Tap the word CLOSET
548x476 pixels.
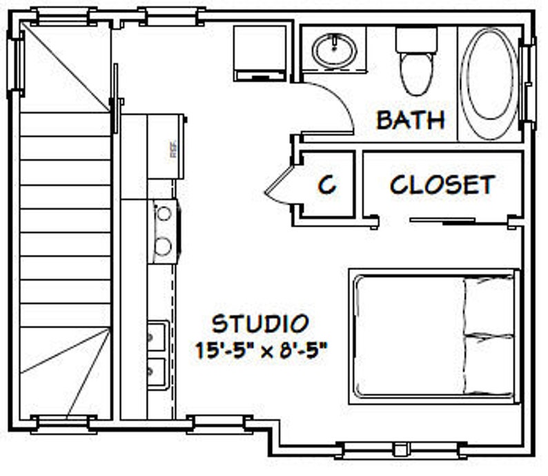[442, 184]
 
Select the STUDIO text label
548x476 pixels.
[260, 323]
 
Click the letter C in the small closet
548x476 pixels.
[326, 184]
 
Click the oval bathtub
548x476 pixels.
[489, 83]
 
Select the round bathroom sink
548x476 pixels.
[334, 49]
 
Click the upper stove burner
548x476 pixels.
[164, 213]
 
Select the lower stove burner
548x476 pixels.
[164, 245]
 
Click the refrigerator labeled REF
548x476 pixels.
[166, 146]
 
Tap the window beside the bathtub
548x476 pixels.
[529, 84]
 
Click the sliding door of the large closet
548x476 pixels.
[442, 221]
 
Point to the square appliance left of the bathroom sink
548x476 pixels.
[260, 53]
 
